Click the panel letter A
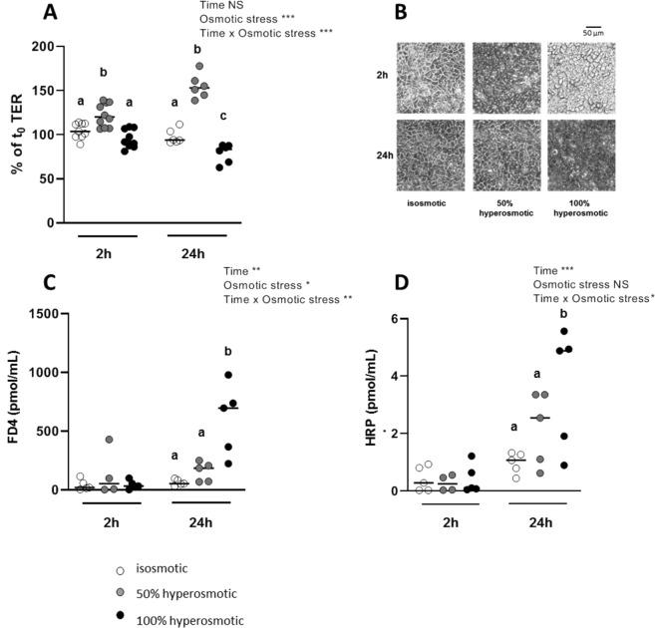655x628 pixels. pos(21,14)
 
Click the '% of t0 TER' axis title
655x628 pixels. pos(17,135)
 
